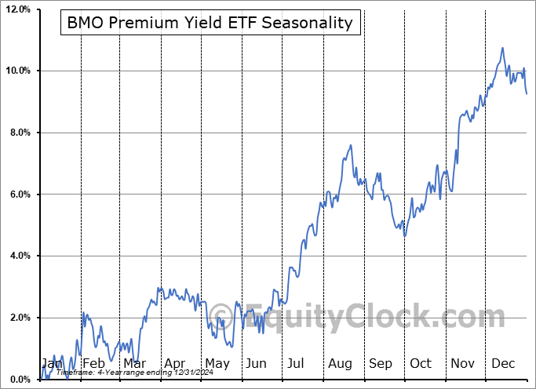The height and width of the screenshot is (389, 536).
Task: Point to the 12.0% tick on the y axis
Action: coord(16,9)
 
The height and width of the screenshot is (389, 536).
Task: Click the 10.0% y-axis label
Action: coord(16,71)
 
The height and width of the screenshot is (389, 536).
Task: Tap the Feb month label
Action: coord(93,364)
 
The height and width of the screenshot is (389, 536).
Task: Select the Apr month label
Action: coord(174,364)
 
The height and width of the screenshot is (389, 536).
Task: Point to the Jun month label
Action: coord(256,364)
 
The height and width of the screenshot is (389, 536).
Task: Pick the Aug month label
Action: coord(340,364)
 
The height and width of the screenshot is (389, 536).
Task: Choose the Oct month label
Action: coord(421,364)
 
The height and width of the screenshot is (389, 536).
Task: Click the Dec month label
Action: coord(503,364)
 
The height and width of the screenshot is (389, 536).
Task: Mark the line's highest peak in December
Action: coord(502,48)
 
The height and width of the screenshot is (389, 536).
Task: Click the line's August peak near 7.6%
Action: coord(350,145)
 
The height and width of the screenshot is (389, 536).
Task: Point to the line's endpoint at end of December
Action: coord(527,94)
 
